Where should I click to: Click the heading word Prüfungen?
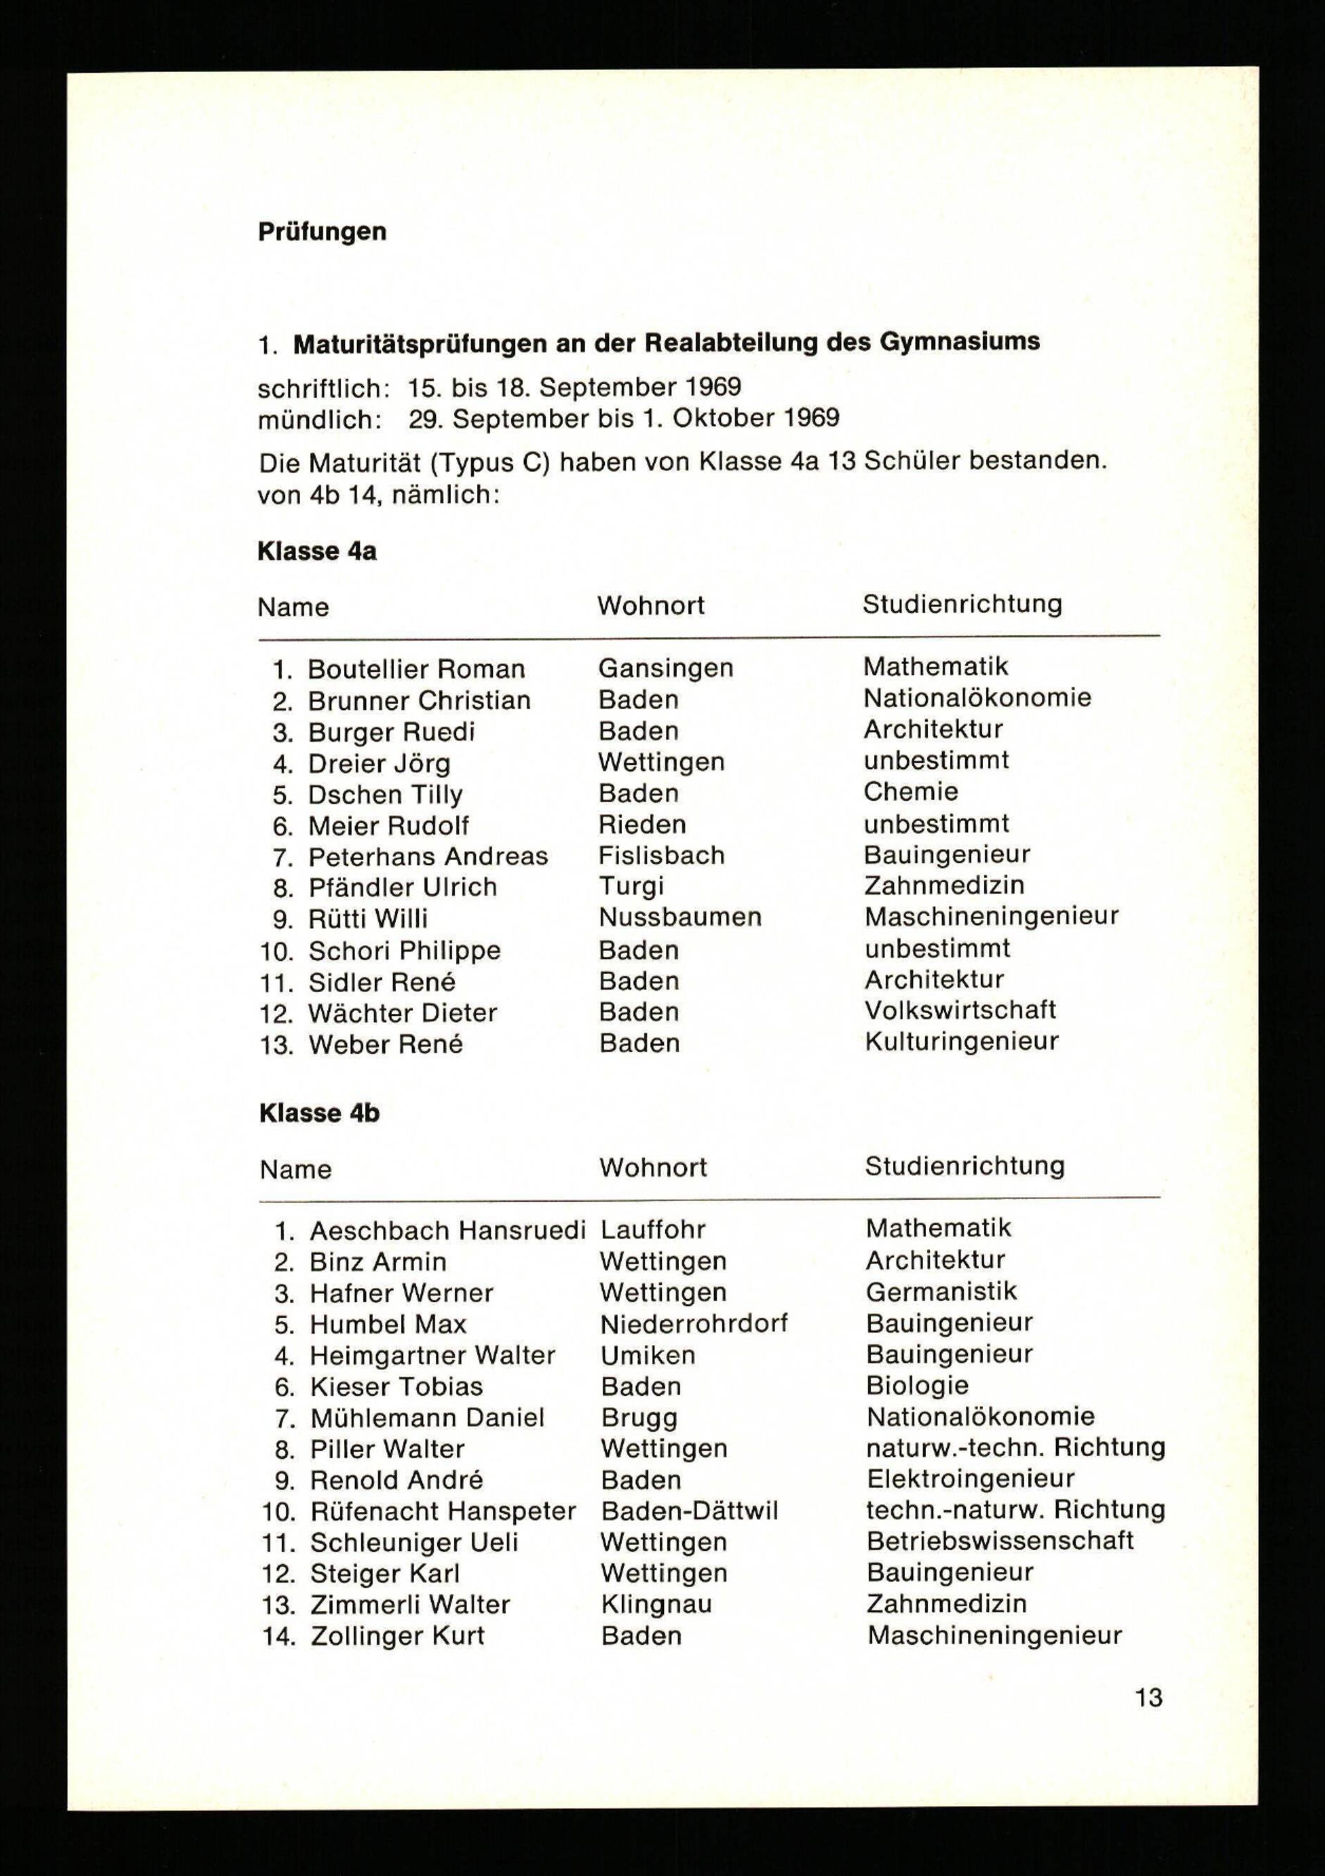(x=322, y=232)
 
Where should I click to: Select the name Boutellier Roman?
(x=416, y=669)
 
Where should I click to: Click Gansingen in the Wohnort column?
(x=665, y=667)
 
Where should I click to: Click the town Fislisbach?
(x=661, y=855)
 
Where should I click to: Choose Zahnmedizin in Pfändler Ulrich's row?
(x=944, y=885)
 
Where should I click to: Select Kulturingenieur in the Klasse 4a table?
(x=961, y=1041)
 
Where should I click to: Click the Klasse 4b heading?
(x=319, y=1113)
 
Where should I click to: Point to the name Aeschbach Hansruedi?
(x=448, y=1230)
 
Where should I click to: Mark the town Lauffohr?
(x=653, y=1230)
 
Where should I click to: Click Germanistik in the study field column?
(x=941, y=1291)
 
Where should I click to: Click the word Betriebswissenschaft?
(x=1000, y=1541)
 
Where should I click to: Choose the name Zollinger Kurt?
(x=397, y=1636)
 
